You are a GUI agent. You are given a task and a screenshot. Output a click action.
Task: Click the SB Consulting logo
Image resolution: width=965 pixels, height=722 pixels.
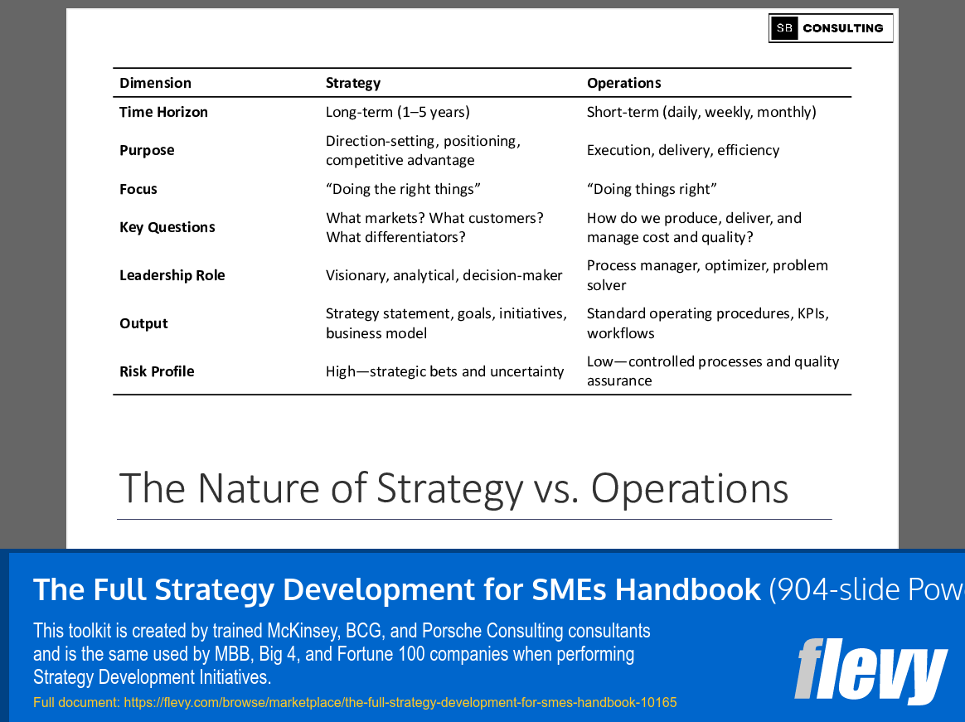point(830,28)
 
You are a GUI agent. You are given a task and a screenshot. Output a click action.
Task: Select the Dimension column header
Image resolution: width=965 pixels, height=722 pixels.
point(155,83)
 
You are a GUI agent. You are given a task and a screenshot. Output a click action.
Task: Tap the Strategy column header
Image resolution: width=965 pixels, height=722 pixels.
point(353,83)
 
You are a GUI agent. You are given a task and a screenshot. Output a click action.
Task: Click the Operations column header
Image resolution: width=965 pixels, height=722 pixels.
point(623,83)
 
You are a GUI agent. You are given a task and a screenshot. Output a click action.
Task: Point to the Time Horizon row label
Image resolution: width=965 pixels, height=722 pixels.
point(163,112)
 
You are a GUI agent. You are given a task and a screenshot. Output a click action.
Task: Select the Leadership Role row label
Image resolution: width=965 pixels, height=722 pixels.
point(172,275)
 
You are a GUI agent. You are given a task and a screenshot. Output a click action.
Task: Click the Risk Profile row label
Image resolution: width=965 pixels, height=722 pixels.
point(157,371)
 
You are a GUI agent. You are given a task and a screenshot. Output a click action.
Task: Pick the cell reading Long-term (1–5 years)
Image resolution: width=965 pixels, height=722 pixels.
point(397,112)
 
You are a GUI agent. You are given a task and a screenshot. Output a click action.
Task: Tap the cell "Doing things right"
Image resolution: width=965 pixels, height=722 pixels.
point(652,189)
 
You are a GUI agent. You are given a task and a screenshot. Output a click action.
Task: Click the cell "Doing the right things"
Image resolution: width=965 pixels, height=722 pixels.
point(403,189)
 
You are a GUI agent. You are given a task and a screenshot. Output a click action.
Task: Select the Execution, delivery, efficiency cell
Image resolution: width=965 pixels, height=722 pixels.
point(683,150)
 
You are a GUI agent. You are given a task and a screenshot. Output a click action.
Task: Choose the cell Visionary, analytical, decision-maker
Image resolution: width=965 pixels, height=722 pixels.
point(444,275)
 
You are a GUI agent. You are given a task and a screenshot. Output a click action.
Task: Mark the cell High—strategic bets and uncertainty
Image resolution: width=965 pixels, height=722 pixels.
point(444,371)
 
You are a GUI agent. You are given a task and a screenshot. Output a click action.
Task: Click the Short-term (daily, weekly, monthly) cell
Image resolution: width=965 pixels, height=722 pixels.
point(701,112)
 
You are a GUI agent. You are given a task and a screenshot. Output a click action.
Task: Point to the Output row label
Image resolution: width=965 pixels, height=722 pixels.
point(143,323)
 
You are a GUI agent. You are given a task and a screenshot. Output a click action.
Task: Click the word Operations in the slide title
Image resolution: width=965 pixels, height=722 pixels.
point(689,488)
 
